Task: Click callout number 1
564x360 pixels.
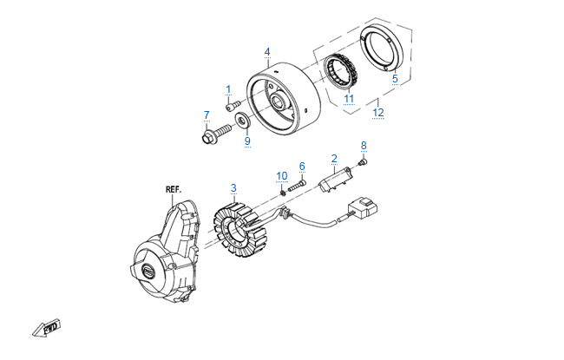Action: click(x=229, y=89)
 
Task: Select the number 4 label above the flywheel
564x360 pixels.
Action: click(x=267, y=52)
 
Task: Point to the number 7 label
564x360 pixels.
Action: click(x=207, y=115)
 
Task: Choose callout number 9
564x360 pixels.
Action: click(x=246, y=141)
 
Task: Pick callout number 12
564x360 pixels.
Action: click(x=377, y=112)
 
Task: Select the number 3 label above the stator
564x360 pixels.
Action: click(x=233, y=187)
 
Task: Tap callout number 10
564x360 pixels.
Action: click(x=282, y=176)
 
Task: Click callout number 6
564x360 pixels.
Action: click(x=302, y=167)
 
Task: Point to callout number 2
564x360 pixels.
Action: click(x=334, y=159)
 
